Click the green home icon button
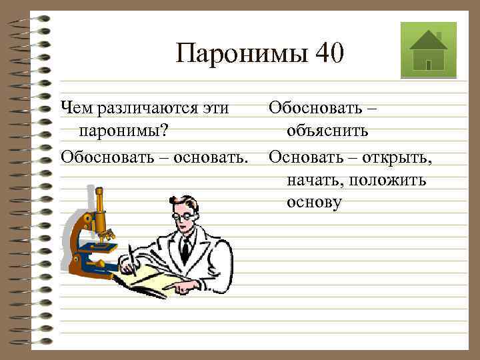click(428, 50)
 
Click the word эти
click(221, 108)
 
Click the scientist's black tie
click(185, 249)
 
